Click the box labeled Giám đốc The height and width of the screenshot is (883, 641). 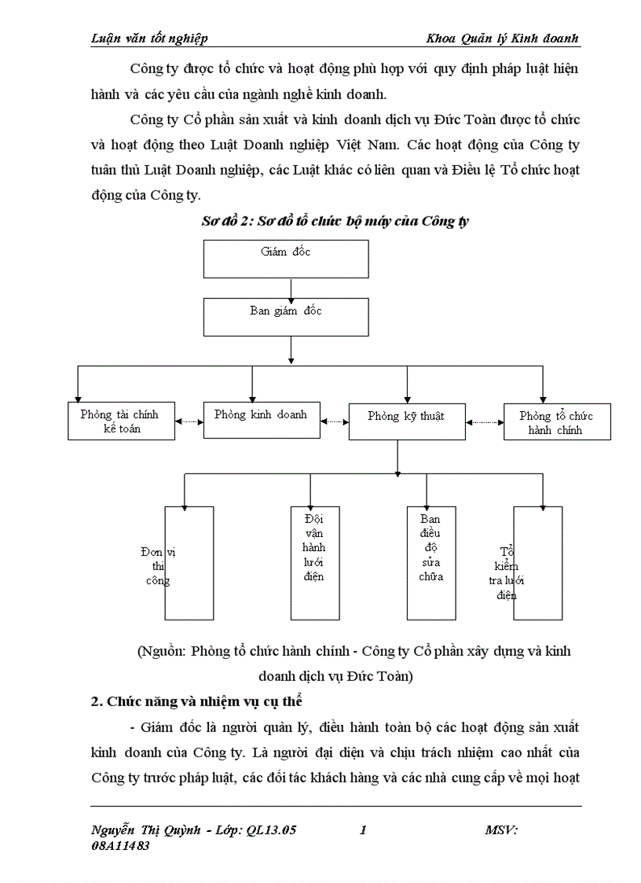pyautogui.click(x=286, y=258)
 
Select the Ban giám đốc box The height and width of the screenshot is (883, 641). pyautogui.click(x=286, y=317)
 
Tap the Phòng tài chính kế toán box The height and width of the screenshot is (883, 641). pyautogui.click(x=120, y=421)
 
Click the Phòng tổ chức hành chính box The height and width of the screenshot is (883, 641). pyautogui.click(x=556, y=423)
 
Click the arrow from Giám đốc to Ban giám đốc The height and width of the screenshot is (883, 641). pyautogui.click(x=291, y=288)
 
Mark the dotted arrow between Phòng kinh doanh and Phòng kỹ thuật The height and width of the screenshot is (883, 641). pyautogui.click(x=335, y=421)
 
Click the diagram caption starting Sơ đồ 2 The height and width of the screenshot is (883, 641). pyautogui.click(x=335, y=221)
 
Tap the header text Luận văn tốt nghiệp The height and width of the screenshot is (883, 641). pyautogui.click(x=150, y=39)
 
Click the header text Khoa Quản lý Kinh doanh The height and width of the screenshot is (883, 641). pyautogui.click(x=503, y=39)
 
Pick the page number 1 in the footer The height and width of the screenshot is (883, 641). pyautogui.click(x=362, y=830)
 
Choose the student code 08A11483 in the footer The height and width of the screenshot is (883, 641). pyautogui.click(x=121, y=846)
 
